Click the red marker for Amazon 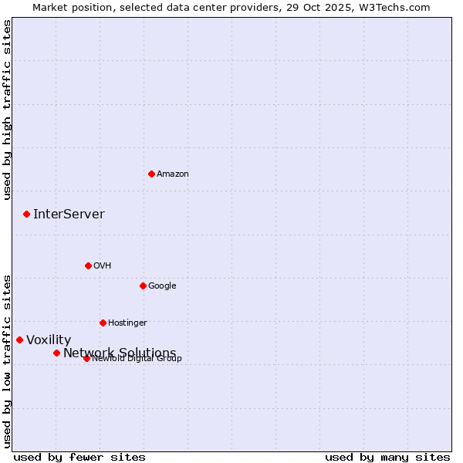[151, 174]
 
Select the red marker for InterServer [26, 214]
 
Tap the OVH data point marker [88, 265]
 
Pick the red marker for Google [143, 286]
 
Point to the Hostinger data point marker [103, 323]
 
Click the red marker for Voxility [19, 340]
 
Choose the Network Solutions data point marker [56, 353]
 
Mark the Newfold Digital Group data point [86, 358]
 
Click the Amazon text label [173, 174]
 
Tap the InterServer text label [69, 214]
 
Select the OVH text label [103, 265]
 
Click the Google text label [162, 286]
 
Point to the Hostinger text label [127, 323]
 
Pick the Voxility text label [49, 340]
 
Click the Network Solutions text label [120, 353]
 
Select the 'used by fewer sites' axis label [79, 457]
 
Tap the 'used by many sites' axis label [387, 457]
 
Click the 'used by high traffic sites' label [8, 110]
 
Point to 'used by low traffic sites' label [8, 361]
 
